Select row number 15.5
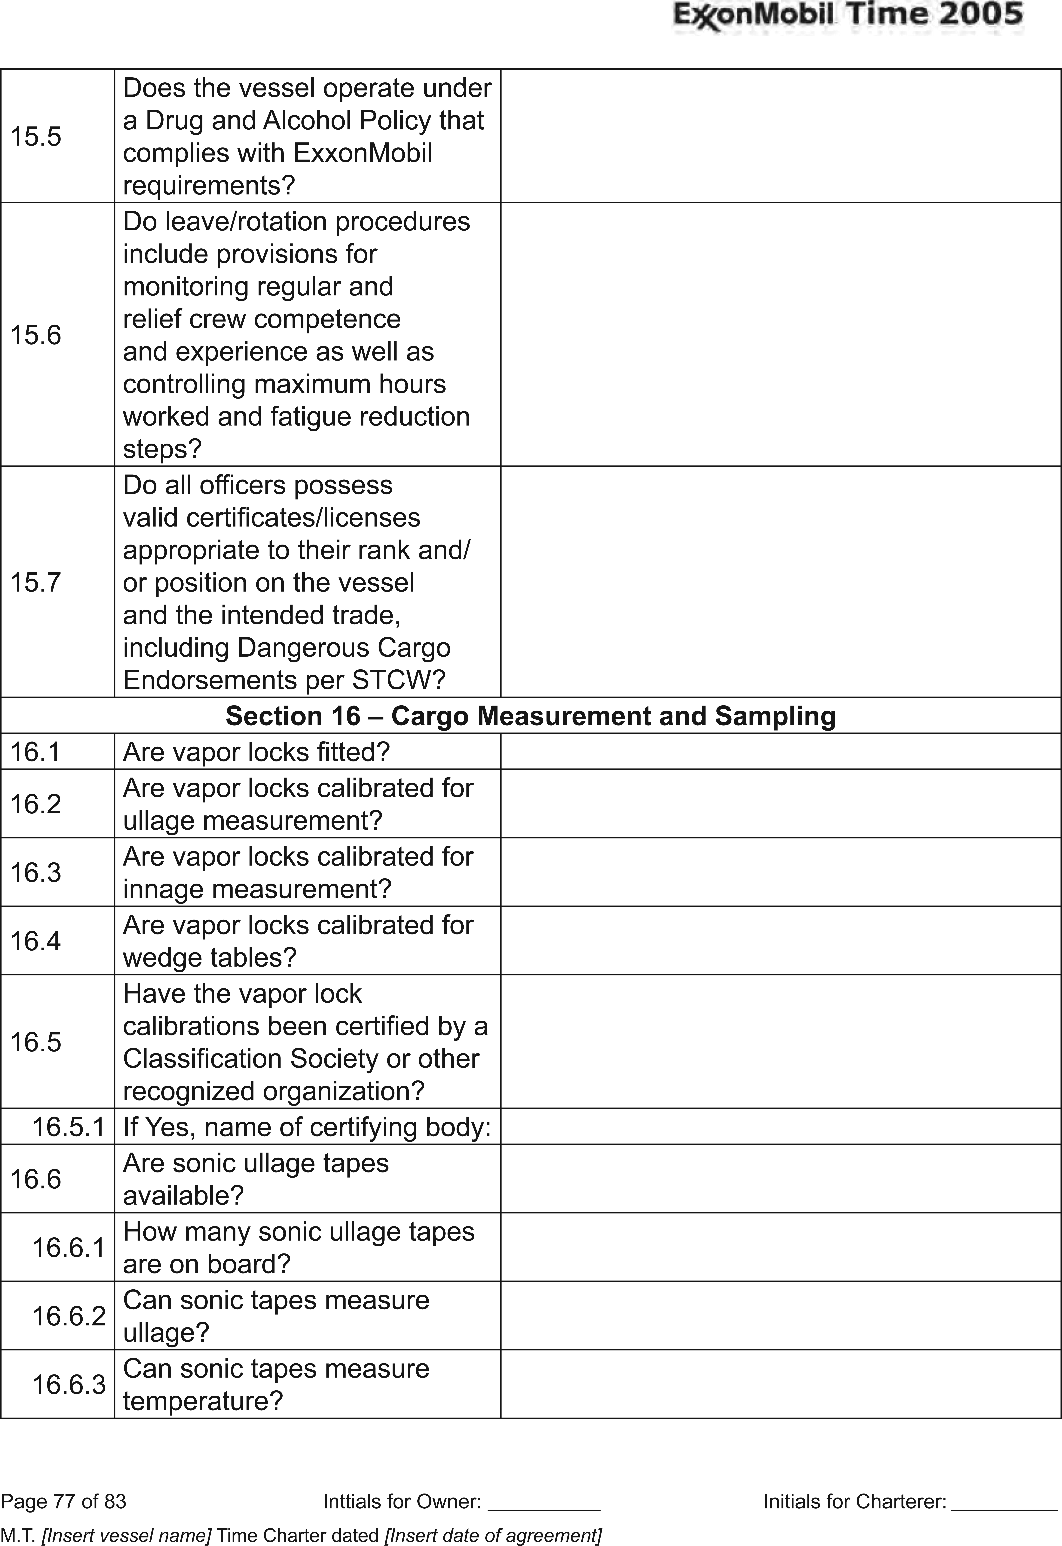point(35,136)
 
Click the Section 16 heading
point(530,716)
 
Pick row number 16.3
point(35,872)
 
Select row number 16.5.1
point(68,1127)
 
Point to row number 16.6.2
point(68,1316)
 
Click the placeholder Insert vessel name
point(127,1531)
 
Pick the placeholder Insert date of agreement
point(493,1531)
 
